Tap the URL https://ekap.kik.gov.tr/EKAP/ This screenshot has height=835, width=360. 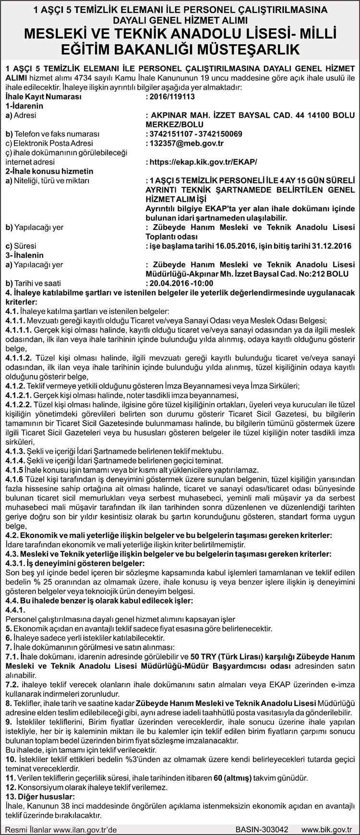click(205, 162)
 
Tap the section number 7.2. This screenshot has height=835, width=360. click(12, 684)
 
